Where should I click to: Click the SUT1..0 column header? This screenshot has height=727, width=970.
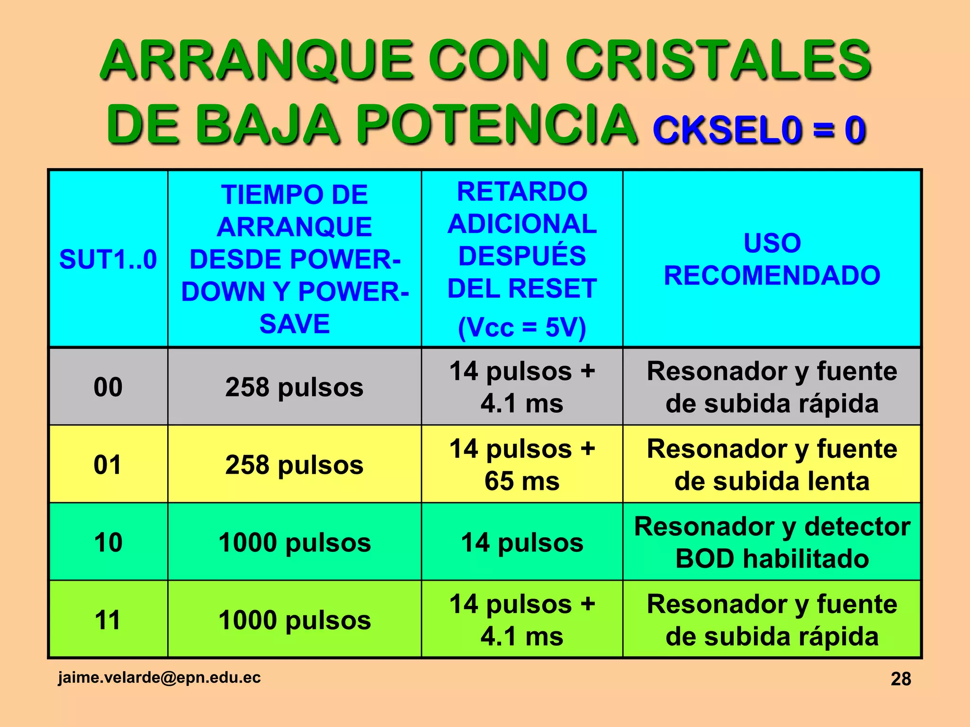[x=108, y=259]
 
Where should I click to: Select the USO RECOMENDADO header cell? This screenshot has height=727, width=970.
[x=772, y=259]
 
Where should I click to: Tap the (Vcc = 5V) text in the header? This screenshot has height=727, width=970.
[x=522, y=327]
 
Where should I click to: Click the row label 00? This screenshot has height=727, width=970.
[x=108, y=387]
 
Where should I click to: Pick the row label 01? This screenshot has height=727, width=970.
[x=108, y=464]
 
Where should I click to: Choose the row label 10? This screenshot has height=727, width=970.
[x=108, y=542]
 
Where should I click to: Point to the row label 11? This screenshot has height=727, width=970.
[x=108, y=620]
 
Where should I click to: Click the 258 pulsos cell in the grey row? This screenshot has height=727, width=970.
[x=294, y=387]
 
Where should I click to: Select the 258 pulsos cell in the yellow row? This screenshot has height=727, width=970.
[x=294, y=464]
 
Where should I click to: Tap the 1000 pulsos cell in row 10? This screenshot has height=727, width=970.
[x=294, y=542]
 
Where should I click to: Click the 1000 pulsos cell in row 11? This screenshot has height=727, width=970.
[x=294, y=620]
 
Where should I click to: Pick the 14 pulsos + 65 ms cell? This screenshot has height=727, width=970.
[x=522, y=464]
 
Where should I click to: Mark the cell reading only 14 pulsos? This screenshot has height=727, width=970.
[x=522, y=542]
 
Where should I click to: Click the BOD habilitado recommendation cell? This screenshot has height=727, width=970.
[x=772, y=542]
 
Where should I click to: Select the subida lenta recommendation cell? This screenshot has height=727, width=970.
[x=772, y=464]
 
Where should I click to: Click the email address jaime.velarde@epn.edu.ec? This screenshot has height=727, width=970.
[x=159, y=677]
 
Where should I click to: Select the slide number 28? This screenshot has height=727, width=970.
[x=900, y=679]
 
